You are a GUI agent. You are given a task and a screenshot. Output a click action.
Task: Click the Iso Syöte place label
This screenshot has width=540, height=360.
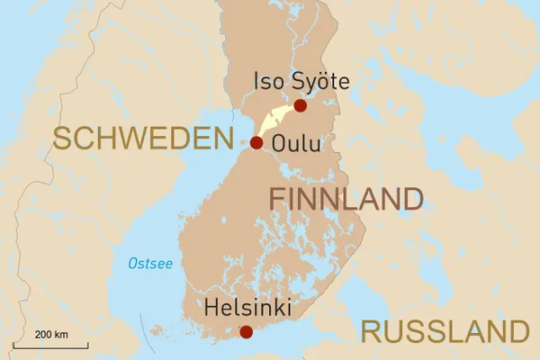click(x=301, y=83)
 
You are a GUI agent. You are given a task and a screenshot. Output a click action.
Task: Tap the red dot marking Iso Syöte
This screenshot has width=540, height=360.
click(x=301, y=106)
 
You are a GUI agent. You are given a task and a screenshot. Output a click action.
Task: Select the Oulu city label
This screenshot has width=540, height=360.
click(x=295, y=144)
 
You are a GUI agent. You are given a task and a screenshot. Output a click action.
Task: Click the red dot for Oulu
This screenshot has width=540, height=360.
click(x=256, y=142)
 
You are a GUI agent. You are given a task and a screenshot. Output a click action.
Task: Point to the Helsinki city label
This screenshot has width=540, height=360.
click(x=248, y=308)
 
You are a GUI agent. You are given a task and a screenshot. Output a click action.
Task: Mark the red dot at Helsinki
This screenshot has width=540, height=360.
click(x=246, y=332)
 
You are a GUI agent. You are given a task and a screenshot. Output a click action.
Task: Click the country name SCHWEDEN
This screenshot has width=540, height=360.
click(x=143, y=138)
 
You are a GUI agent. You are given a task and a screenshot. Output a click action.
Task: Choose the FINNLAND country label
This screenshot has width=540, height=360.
click(x=346, y=199)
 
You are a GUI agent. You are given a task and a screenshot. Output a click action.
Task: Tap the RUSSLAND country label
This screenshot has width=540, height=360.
click(x=445, y=331)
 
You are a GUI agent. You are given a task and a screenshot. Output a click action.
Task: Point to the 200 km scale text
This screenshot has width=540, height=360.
click(x=52, y=335)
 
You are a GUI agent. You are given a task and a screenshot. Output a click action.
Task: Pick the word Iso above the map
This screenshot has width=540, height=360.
click(x=267, y=83)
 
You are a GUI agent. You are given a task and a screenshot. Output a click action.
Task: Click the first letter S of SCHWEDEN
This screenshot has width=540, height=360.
click(x=62, y=138)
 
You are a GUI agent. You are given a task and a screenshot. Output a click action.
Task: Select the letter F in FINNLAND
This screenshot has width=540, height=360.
click(x=277, y=199)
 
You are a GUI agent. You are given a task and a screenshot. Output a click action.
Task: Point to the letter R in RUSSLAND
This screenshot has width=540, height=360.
click(x=371, y=331)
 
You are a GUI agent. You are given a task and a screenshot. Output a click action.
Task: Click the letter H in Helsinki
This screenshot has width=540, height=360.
click(x=212, y=308)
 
